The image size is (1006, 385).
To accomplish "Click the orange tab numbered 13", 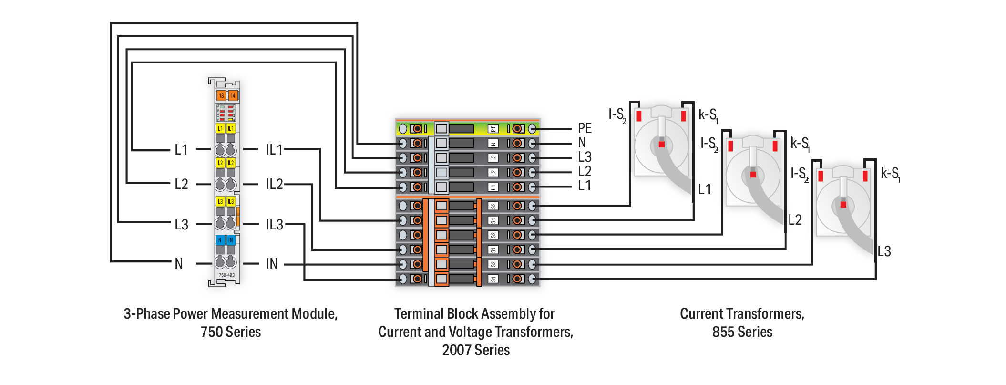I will [x=221, y=95].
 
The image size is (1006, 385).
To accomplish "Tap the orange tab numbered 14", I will [x=233, y=95].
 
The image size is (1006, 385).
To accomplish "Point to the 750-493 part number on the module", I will [x=226, y=275].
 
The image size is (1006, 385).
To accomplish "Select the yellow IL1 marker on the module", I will [x=231, y=128].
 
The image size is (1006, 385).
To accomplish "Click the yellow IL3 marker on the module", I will [x=231, y=201].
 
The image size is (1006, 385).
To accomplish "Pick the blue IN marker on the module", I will [x=231, y=240].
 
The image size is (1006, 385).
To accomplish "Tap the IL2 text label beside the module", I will [x=275, y=184].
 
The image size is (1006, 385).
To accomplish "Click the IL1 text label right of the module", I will [x=275, y=150].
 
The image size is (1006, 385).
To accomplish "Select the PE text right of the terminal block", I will [x=585, y=128].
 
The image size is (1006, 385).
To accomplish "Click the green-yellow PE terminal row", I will [x=467, y=128].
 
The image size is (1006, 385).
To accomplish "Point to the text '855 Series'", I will [x=742, y=332].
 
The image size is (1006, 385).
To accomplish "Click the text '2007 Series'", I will [x=476, y=350].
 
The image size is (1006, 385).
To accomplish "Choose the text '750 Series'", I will [x=231, y=332].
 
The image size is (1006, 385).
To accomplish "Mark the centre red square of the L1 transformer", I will [x=662, y=144].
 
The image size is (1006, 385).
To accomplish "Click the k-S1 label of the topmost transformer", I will [x=708, y=115].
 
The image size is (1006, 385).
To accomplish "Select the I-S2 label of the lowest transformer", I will [x=800, y=174].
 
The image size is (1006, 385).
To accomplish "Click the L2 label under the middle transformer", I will [x=795, y=220].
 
